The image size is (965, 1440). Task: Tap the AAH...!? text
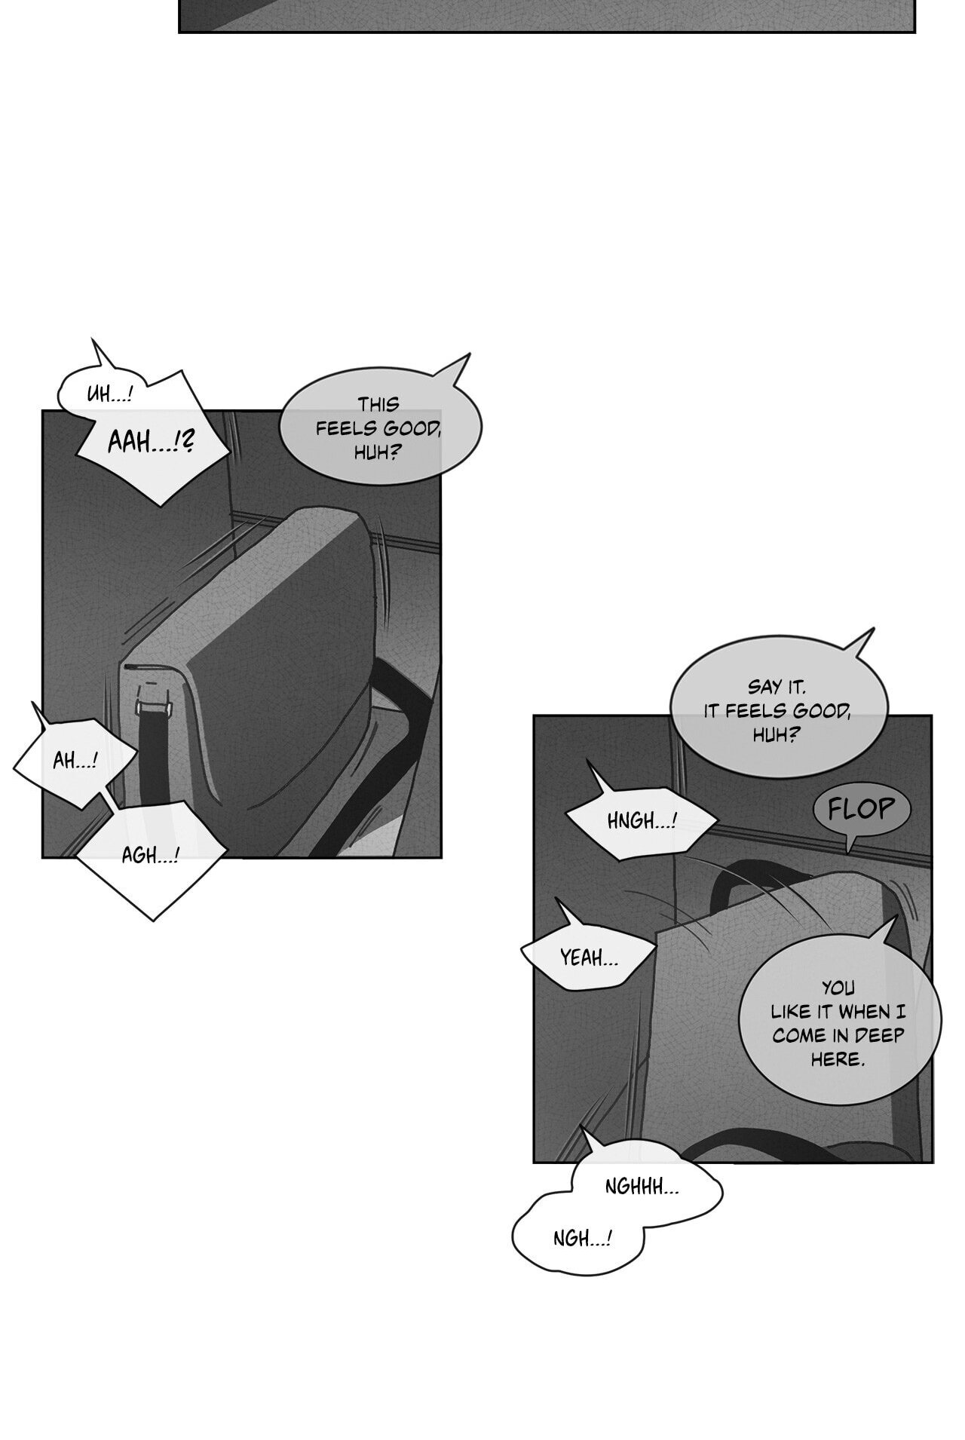pos(150,442)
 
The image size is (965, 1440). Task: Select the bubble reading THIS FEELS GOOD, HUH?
pos(380,427)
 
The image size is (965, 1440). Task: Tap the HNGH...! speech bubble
pos(642,820)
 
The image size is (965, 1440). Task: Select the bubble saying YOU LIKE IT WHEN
pos(837,1022)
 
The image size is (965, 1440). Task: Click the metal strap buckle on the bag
pos(152,707)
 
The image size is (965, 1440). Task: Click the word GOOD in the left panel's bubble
pos(412,429)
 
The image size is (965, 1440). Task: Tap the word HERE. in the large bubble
pos(837,1059)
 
